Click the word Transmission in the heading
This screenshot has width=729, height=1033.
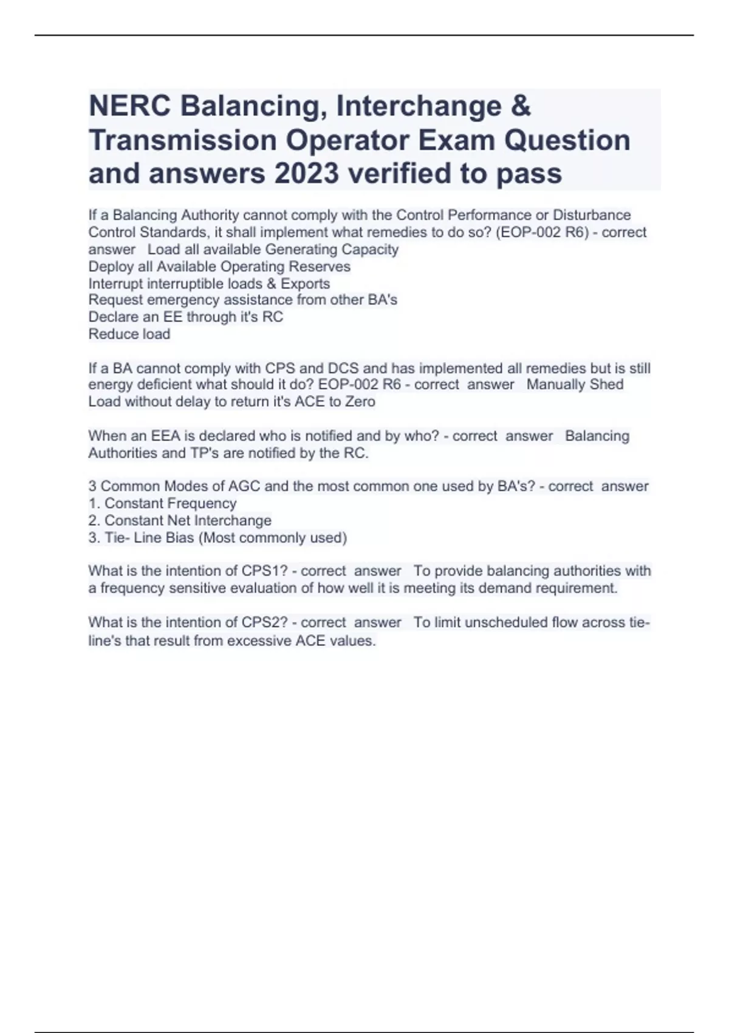182,140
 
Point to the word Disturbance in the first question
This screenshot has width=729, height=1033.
591,215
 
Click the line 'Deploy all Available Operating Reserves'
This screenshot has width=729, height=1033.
219,267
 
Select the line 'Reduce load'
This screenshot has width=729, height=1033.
129,334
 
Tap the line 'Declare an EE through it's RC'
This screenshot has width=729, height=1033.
185,317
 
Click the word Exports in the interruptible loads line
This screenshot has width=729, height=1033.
305,284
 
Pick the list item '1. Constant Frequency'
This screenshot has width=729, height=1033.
162,504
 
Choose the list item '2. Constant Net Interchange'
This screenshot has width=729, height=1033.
180,521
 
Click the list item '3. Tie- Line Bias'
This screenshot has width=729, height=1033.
217,538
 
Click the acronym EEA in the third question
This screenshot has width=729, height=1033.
162,436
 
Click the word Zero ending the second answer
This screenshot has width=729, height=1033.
360,402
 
